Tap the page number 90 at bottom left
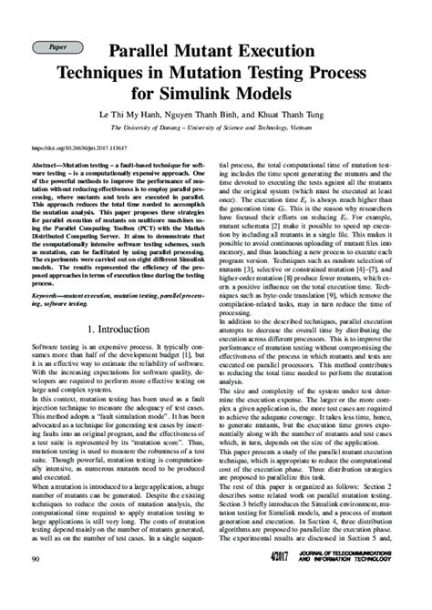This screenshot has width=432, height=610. click(x=36, y=584)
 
